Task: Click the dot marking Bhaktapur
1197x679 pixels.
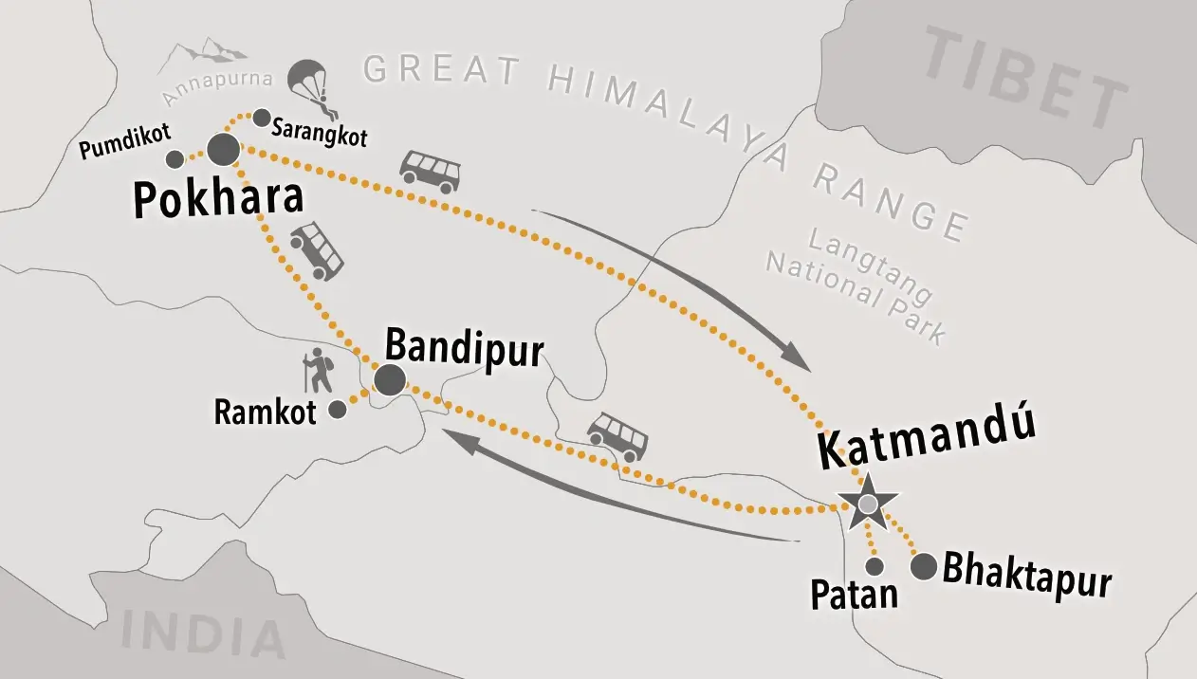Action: (x=924, y=567)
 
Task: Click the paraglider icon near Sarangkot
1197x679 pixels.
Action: (x=310, y=83)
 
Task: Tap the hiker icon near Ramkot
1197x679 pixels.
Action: (x=318, y=372)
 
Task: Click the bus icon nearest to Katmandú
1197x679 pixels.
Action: (x=617, y=436)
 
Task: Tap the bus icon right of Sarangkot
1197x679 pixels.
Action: (x=430, y=171)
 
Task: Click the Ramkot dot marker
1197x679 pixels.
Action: (x=337, y=410)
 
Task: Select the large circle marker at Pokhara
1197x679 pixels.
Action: (x=225, y=149)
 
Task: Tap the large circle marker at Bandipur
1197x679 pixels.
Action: (x=390, y=379)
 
